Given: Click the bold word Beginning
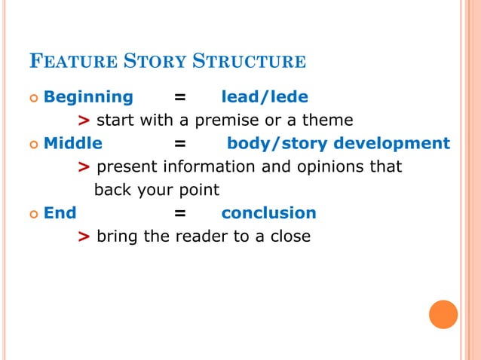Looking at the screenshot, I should (88, 96).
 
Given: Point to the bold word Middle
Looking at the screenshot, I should (73, 143).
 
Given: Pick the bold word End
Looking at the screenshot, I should (60, 212).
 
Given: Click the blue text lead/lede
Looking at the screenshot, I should (264, 96).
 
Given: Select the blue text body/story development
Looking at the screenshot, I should (339, 143).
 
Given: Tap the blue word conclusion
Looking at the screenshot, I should (268, 212).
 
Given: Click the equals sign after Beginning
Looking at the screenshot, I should (180, 97).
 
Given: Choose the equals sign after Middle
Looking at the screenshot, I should (180, 144).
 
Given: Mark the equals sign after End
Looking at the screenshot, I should (180, 213).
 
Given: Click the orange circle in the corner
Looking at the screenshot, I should (443, 314).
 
